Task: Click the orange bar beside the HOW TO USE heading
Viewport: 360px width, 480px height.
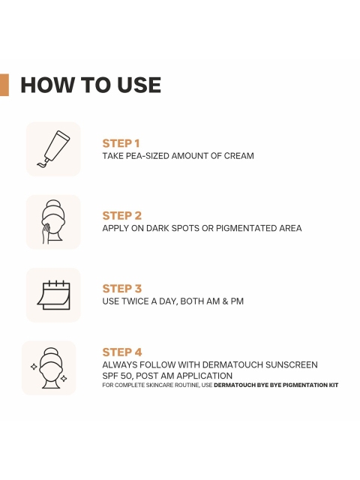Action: coord(4,85)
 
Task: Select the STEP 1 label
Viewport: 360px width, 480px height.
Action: coord(121,143)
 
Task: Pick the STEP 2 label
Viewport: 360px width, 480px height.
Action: coord(121,215)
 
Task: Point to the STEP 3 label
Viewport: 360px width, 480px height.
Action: coord(121,288)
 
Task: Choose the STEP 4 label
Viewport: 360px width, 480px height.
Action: coord(122,352)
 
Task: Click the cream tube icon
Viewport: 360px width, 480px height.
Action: coord(53,148)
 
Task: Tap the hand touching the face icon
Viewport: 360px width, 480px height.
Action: coord(53,222)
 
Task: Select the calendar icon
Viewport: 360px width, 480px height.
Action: coord(53,295)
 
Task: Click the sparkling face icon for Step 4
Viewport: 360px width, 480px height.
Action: coord(49,368)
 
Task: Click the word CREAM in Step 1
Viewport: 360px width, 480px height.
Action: coord(238,156)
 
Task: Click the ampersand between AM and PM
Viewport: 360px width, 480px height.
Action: coord(225,301)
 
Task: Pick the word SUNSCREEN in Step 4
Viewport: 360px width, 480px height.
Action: coord(292,365)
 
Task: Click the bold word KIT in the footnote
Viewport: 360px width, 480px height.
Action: coord(333,385)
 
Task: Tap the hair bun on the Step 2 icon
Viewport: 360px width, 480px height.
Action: coord(53,203)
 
